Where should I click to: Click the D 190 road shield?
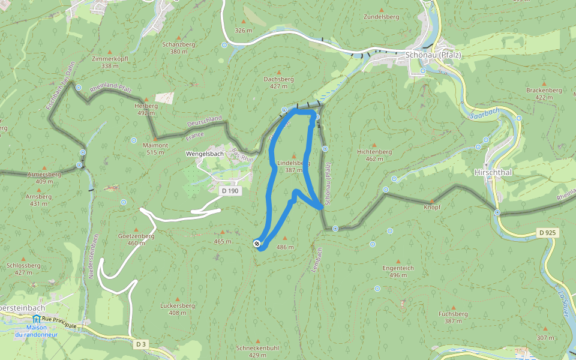(230, 191)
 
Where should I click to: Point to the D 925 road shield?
(547, 232)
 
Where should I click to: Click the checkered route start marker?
(257, 243)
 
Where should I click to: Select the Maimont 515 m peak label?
(155, 148)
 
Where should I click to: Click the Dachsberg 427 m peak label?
(278, 82)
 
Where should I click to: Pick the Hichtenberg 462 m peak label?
(374, 155)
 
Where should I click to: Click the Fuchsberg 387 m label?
(453, 317)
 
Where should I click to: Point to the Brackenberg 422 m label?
(544, 93)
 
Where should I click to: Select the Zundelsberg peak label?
(381, 17)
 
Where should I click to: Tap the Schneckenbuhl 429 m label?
(257, 351)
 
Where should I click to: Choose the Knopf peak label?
(432, 207)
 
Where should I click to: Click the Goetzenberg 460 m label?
(136, 239)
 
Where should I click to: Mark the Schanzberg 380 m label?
(179, 47)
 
